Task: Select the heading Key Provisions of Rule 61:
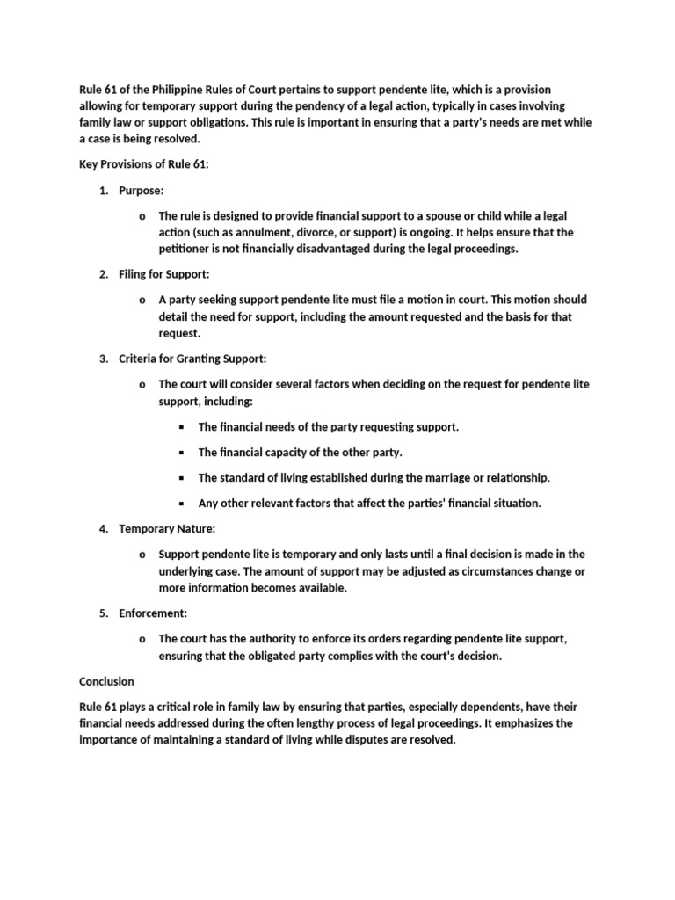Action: click(144, 164)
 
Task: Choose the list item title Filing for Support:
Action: click(164, 275)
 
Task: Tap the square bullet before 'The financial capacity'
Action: click(182, 453)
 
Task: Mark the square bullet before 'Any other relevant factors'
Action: click(182, 504)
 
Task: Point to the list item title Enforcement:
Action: click(153, 613)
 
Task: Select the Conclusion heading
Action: click(107, 681)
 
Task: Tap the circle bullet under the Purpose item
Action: click(142, 216)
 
